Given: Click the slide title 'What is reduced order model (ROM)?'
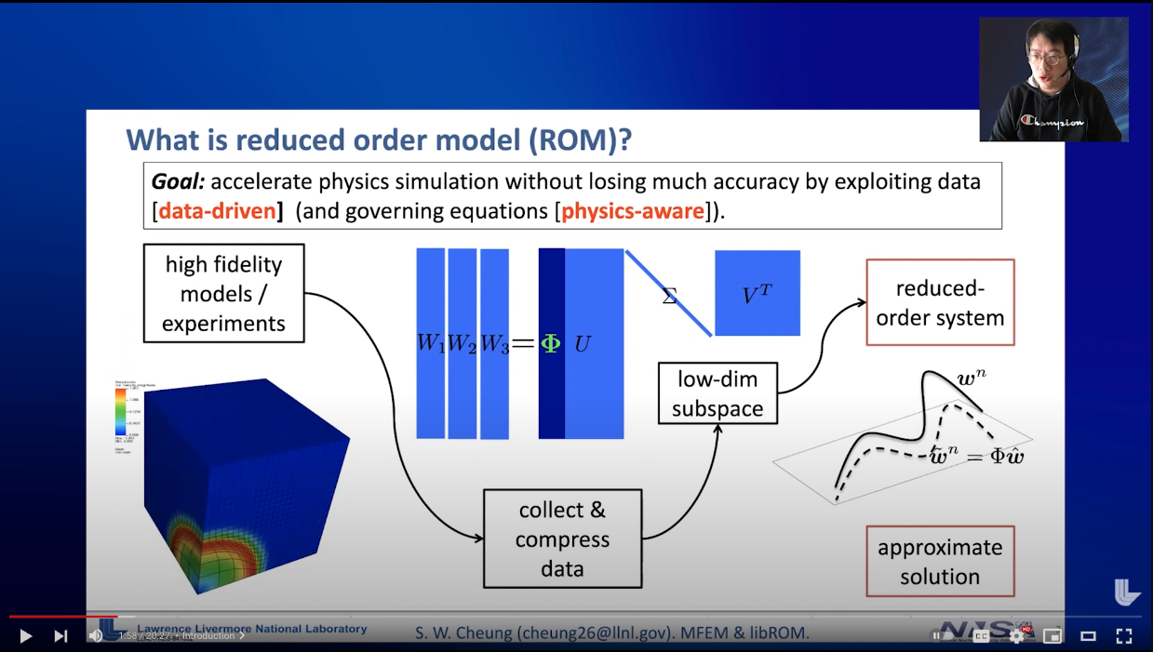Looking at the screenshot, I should pyautogui.click(x=380, y=140).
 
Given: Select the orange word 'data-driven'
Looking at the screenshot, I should pyautogui.click(x=218, y=211).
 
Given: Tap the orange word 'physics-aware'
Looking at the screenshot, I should pyautogui.click(x=632, y=211).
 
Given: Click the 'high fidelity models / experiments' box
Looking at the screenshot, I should pyautogui.click(x=224, y=293).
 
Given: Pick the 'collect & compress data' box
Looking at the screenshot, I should pyautogui.click(x=562, y=539).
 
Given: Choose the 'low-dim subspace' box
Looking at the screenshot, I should pyautogui.click(x=717, y=393).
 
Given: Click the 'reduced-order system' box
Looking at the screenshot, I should pyautogui.click(x=940, y=302).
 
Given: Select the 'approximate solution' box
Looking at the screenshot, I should pyautogui.click(x=940, y=561).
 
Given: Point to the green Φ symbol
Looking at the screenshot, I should pyautogui.click(x=551, y=343).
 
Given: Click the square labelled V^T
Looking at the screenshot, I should pyautogui.click(x=757, y=294).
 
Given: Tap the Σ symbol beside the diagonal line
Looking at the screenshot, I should pyautogui.click(x=669, y=298).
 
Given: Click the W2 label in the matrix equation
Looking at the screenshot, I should pyautogui.click(x=462, y=343).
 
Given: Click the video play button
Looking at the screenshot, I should pyautogui.click(x=25, y=636).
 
